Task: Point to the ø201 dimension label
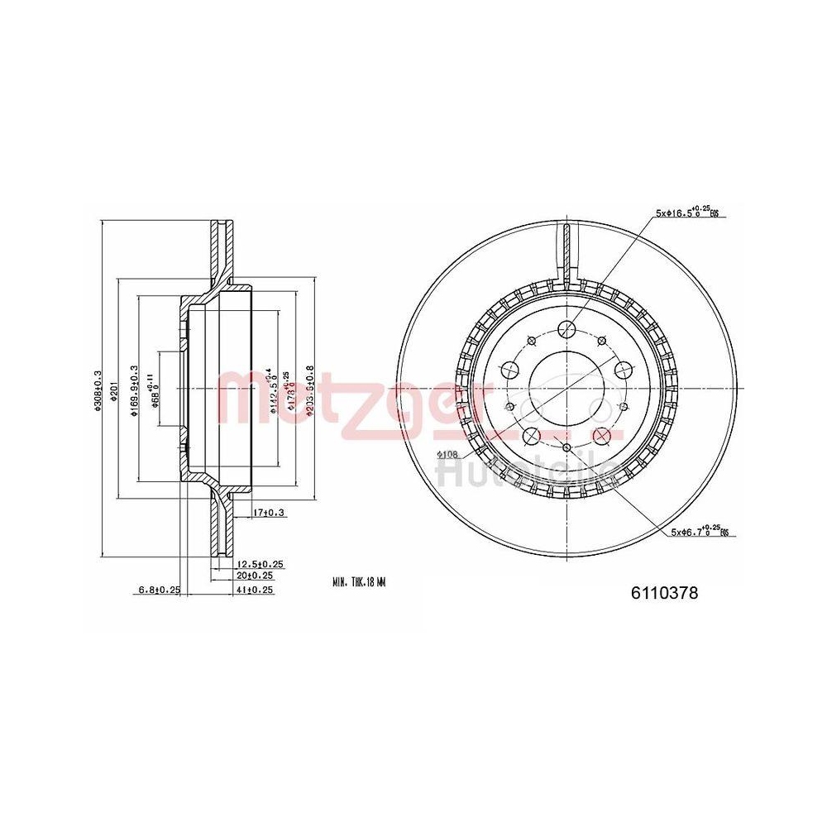click(116, 390)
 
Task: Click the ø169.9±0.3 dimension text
click(134, 390)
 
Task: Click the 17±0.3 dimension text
click(269, 514)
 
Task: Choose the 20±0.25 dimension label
click(256, 575)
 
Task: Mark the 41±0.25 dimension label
click(256, 590)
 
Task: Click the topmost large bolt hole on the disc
click(566, 330)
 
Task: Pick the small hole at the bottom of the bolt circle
click(566, 447)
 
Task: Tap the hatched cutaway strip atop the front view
click(566, 248)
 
